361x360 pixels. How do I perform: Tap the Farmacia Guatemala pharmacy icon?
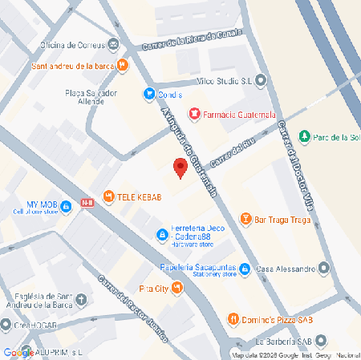click(193, 113)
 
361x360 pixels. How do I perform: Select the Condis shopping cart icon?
click(148, 94)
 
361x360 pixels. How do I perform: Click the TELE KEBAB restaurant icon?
click(108, 197)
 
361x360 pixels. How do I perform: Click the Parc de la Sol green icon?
click(304, 136)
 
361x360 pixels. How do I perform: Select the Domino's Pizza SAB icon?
click(233, 319)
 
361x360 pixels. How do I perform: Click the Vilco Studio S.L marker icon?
click(262, 80)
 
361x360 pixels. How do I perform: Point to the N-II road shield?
click(87, 202)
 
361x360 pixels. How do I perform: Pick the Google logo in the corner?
click(18, 351)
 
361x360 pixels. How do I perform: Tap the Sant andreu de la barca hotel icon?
click(122, 66)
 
